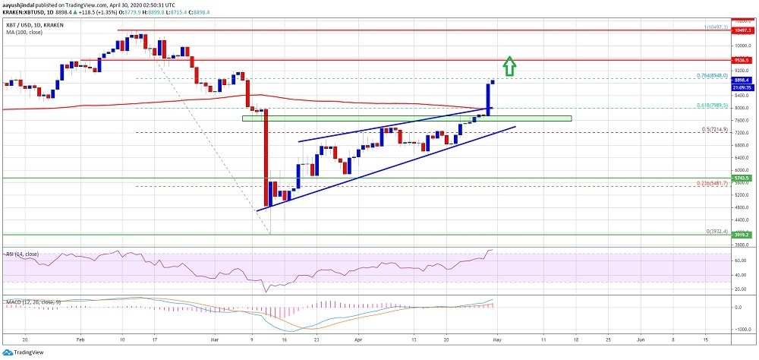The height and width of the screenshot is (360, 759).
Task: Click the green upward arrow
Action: point(511,67)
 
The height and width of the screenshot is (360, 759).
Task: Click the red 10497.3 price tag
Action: point(743,30)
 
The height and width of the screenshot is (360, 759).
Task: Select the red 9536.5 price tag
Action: point(743,59)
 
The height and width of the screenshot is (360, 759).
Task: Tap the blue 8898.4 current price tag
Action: point(743,79)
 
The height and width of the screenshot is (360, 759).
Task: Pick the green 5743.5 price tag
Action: point(743,178)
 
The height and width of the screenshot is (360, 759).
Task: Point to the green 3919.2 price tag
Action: point(743,235)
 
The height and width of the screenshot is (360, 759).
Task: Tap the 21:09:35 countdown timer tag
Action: point(743,87)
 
